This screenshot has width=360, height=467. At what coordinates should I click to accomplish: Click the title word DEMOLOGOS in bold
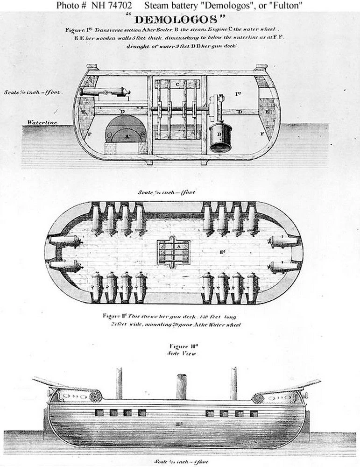coord(180,20)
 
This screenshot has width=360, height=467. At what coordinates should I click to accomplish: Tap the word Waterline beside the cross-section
coord(42,122)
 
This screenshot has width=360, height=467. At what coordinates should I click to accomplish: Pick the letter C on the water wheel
coord(178,84)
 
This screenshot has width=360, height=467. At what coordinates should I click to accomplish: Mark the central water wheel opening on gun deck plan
coord(174,252)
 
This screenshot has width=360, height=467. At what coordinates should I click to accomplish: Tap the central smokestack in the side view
coord(181,387)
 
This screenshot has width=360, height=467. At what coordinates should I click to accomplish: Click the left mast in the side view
coord(119,383)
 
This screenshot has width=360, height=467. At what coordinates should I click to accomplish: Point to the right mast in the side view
coord(233,383)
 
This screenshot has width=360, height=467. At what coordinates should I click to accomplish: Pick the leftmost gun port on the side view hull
coord(99,413)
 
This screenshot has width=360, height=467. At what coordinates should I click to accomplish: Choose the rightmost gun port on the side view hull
coord(254,413)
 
